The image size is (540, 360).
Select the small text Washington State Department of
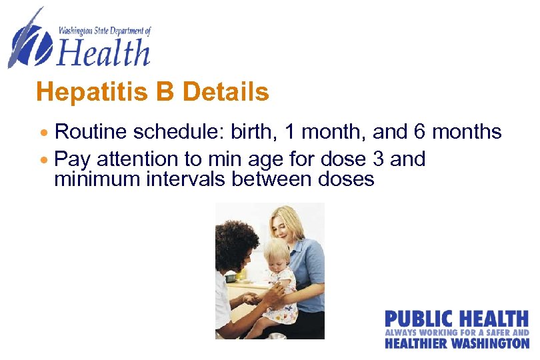point(105,31)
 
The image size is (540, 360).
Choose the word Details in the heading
point(225,92)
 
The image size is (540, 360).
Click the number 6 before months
point(420,132)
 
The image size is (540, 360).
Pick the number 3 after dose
point(377,160)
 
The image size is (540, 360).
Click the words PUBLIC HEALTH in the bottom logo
point(456,318)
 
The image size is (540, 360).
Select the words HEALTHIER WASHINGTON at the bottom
point(456,343)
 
